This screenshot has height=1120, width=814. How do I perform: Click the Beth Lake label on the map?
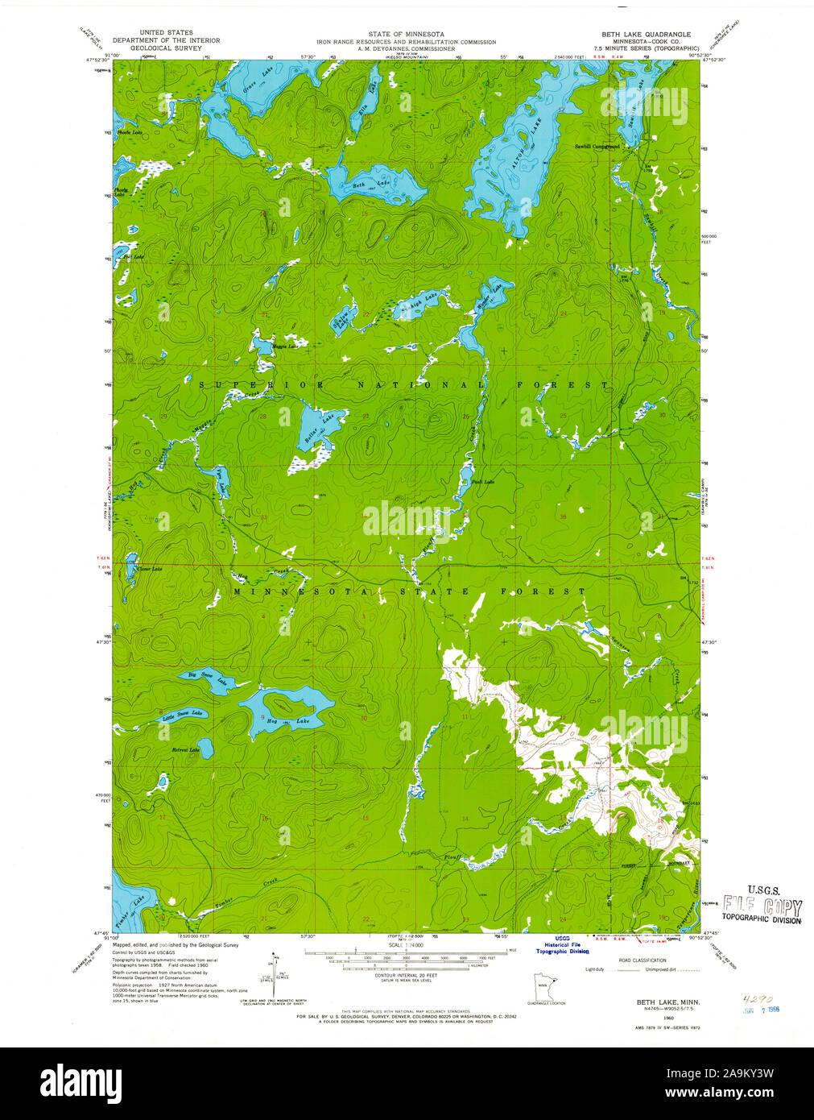[x=371, y=185]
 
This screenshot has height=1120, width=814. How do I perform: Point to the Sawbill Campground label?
[x=597, y=147]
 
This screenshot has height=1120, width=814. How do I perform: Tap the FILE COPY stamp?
[x=761, y=904]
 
